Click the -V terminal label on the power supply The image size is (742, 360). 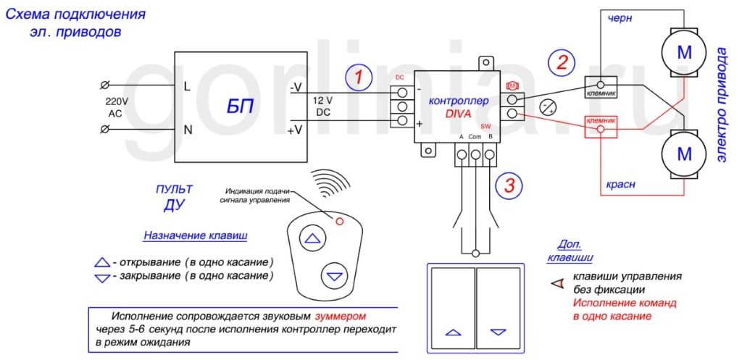click(296, 88)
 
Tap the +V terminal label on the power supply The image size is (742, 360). click(296, 130)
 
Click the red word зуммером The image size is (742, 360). click(341, 317)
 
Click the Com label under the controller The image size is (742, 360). click(475, 137)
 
